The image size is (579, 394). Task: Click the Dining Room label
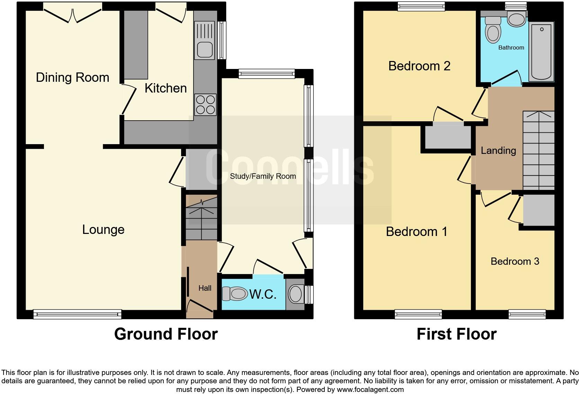[x=72, y=77]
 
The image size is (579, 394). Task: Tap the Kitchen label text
[x=166, y=88]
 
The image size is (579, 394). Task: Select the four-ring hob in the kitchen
[x=205, y=105]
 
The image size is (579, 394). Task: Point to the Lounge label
[x=103, y=229]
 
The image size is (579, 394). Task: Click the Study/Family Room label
[x=263, y=176]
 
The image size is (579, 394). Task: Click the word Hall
[x=205, y=288]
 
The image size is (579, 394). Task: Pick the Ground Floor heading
[x=166, y=334]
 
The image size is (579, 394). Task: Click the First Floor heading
[x=456, y=334]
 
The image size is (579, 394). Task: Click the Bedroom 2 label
[x=419, y=66]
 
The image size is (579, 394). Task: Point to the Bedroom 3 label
[x=515, y=261]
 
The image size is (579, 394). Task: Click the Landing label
[x=498, y=150]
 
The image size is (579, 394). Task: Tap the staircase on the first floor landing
[x=538, y=151]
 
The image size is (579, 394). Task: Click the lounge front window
[x=78, y=314]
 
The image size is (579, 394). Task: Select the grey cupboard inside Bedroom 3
[x=538, y=210]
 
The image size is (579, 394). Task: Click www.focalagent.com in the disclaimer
[x=370, y=389]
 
